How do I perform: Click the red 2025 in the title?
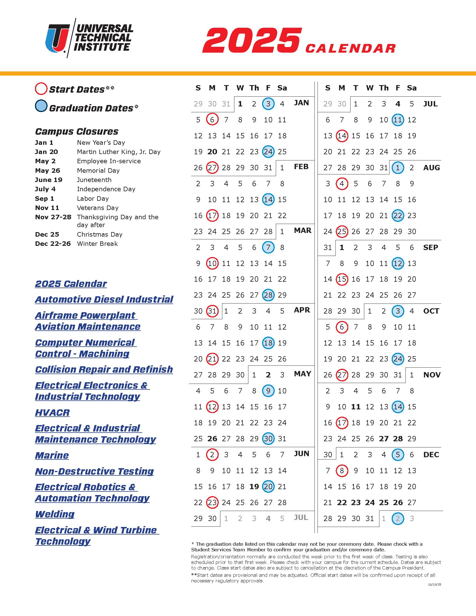(252, 40)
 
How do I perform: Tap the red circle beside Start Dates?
(41, 88)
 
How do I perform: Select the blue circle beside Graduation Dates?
(41, 106)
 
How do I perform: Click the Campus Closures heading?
(77, 131)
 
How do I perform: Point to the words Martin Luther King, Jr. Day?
(119, 152)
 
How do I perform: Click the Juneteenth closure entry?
(94, 180)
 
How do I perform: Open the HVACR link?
(52, 412)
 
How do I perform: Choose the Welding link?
(55, 514)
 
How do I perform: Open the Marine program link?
(52, 455)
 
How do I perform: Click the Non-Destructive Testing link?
(94, 471)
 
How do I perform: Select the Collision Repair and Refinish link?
(104, 369)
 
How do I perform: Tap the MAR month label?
(303, 230)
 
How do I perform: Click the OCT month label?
(431, 311)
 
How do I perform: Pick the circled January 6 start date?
(212, 120)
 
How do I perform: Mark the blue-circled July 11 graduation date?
(398, 120)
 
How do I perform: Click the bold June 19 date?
(254, 487)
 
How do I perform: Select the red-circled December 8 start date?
(342, 470)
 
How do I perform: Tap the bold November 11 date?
(356, 407)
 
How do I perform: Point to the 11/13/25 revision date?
(434, 585)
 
